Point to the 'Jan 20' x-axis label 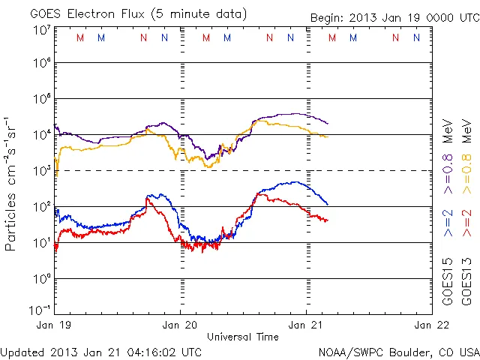click(x=180, y=325)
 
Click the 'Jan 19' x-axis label click(x=55, y=325)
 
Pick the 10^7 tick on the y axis click(x=41, y=30)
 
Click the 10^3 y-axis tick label click(x=41, y=171)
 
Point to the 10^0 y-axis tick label click(x=41, y=279)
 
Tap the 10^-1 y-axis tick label click(x=40, y=310)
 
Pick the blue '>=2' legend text click(x=448, y=223)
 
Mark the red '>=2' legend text click(x=466, y=223)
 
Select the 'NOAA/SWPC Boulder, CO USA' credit click(x=398, y=351)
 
